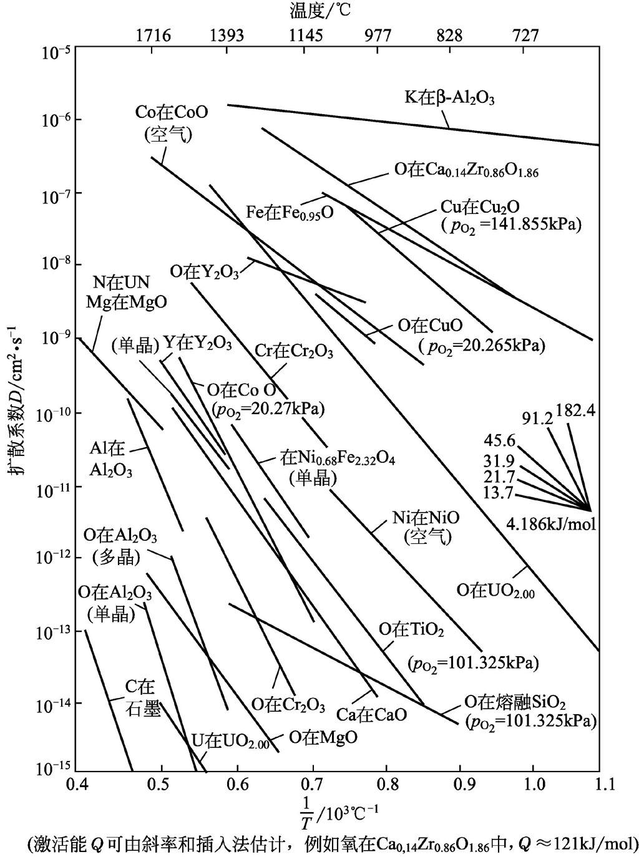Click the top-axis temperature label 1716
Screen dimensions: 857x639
[x=154, y=35]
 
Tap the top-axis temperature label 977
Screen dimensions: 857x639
[x=376, y=35]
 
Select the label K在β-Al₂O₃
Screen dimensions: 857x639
[x=449, y=97]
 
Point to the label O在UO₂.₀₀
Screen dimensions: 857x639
[x=496, y=590]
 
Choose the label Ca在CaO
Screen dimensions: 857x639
[x=371, y=713]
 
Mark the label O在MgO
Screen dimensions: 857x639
[x=323, y=737]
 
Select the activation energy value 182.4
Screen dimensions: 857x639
[x=577, y=411]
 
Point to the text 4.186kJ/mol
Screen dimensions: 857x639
[x=551, y=524]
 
